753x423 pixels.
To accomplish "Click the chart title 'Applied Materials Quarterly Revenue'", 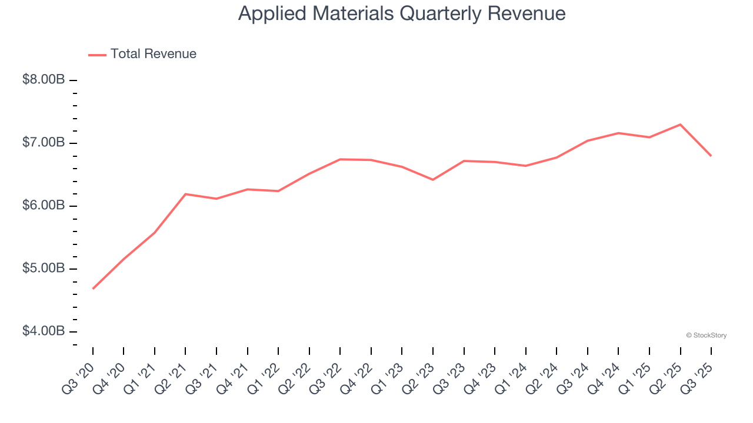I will click(x=402, y=14).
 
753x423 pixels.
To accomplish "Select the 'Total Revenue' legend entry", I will click(x=153, y=54).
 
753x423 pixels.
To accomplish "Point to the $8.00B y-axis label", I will click(x=44, y=80).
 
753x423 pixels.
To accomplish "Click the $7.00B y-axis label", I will click(x=44, y=143).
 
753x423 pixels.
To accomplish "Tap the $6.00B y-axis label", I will click(x=44, y=206).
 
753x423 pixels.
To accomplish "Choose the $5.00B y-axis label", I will click(x=44, y=268).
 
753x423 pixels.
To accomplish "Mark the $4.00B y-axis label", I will click(x=44, y=331).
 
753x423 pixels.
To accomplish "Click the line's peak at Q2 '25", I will click(x=680, y=125).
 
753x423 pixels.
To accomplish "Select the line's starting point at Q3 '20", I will click(x=93, y=288).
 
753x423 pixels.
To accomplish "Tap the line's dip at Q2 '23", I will click(x=433, y=180).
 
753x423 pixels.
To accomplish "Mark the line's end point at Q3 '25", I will click(x=711, y=156).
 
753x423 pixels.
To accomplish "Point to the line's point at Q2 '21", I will click(x=185, y=194).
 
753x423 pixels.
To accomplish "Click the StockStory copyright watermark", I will click(x=706, y=335).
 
